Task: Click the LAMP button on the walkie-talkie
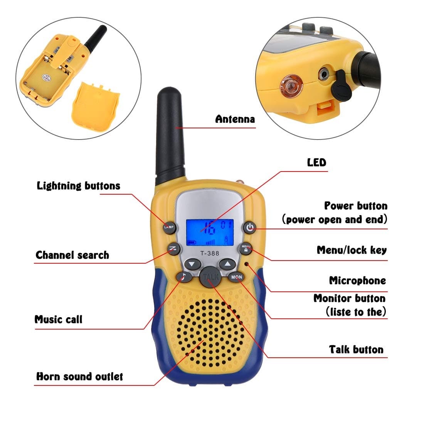[169, 227]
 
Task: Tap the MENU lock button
[246, 249]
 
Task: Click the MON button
[236, 277]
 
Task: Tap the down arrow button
[192, 264]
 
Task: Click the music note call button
[184, 276]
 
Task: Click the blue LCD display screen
[210, 232]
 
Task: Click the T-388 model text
[210, 253]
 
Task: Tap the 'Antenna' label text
[235, 119]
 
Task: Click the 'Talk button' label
[356, 350]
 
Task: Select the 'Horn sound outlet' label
[79, 377]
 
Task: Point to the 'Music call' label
[58, 320]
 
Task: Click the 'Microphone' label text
[357, 281]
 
